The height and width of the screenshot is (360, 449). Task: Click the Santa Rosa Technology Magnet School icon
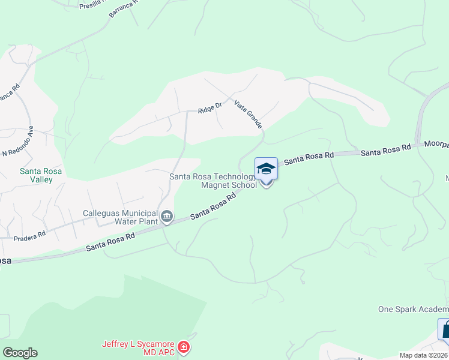pos(267,169)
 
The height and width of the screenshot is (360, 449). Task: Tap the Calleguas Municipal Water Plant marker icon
pos(166,215)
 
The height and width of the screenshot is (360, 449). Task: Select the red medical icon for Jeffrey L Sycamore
pos(184,347)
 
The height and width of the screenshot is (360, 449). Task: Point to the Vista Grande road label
pos(248,114)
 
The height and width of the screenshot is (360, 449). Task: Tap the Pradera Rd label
pos(29,235)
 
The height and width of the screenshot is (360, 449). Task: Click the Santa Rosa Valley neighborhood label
pos(40,175)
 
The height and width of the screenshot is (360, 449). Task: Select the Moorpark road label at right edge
pos(436,145)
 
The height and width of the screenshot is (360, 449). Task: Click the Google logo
pos(20,353)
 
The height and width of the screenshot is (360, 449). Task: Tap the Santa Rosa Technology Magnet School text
pos(213,181)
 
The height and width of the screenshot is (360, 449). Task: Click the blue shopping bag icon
pos(445,329)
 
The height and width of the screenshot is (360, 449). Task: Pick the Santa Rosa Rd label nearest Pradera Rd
pos(110,243)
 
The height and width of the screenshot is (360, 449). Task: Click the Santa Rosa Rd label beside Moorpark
pos(385,151)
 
